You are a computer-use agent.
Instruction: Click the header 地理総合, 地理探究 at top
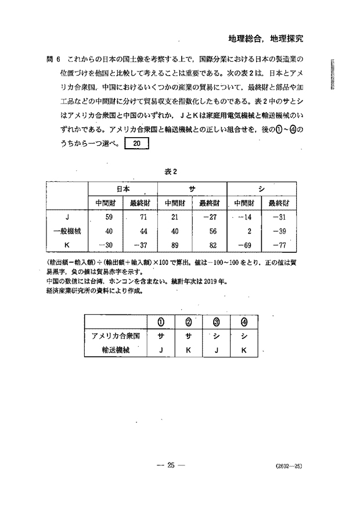pyautogui.click(x=266, y=39)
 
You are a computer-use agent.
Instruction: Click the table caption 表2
pyautogui.click(x=170, y=171)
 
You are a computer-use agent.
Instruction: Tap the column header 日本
pyautogui.click(x=123, y=189)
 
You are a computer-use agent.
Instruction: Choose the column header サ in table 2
pyautogui.click(x=192, y=189)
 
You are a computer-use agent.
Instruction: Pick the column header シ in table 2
pyautogui.click(x=261, y=189)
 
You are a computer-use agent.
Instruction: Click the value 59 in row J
pyautogui.click(x=108, y=218)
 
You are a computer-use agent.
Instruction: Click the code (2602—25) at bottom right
pyautogui.click(x=289, y=465)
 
